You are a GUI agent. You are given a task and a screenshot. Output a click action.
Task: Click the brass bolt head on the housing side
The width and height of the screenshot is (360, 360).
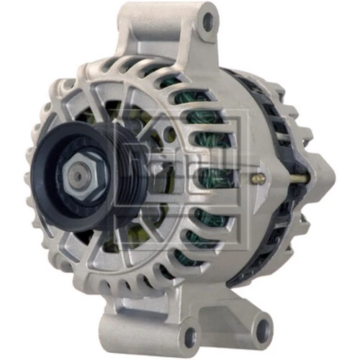point(259,178)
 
